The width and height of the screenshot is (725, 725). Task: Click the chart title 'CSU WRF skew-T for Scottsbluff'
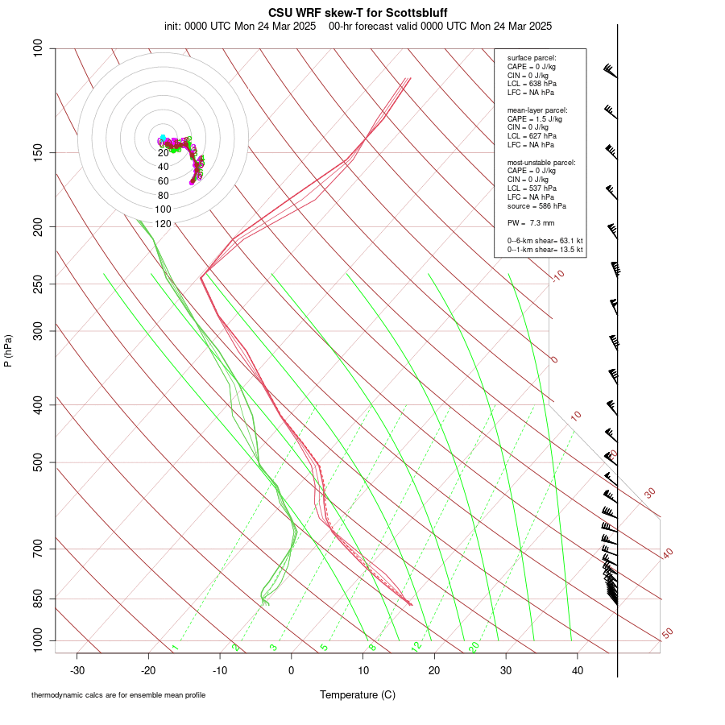[358, 13]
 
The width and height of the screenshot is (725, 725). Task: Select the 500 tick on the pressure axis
[39, 462]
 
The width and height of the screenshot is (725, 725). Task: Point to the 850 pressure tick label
[39, 599]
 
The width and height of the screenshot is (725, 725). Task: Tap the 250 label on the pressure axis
[39, 284]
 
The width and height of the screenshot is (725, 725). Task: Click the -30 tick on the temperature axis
[77, 670]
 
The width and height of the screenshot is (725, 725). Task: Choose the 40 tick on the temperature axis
[578, 670]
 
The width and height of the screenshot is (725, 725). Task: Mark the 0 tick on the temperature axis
[292, 670]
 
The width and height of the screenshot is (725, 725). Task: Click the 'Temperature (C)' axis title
[358, 694]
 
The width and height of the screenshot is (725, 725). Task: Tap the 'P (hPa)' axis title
[8, 350]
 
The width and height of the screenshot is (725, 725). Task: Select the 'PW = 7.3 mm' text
[530, 222]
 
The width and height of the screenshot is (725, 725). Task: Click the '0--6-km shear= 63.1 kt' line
[545, 240]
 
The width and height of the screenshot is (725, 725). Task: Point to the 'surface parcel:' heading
[532, 58]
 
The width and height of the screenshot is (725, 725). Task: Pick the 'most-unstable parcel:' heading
[541, 162]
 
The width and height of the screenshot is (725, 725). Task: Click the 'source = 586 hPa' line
[536, 205]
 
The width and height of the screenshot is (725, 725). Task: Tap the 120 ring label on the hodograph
[163, 223]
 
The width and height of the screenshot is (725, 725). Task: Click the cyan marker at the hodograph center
[163, 138]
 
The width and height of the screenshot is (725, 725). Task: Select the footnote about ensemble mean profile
[118, 694]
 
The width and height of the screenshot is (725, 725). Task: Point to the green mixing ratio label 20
[474, 646]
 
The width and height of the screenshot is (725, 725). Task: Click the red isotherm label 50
[667, 634]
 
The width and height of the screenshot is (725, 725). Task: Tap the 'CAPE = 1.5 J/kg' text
[535, 118]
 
